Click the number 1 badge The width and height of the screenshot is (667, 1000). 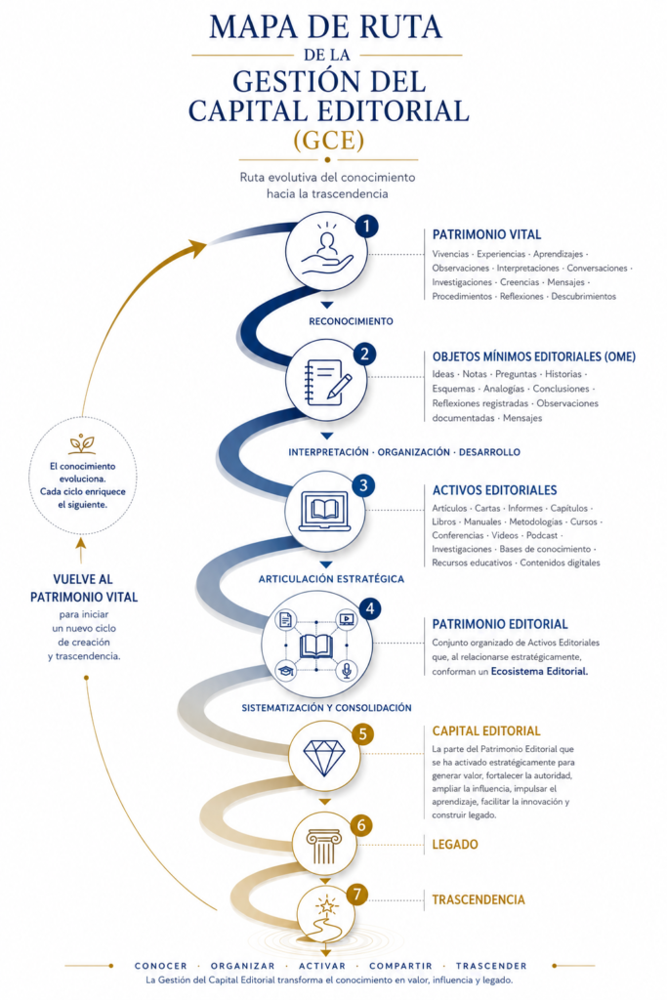point(366,226)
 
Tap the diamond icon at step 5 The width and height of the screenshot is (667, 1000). point(324,757)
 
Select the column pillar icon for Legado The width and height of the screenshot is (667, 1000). point(324,847)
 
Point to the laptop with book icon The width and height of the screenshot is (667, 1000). point(325,511)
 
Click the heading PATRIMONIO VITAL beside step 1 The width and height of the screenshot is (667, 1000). point(486,234)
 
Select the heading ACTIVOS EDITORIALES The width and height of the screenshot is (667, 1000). point(495,490)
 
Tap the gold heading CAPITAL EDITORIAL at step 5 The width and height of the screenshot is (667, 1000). point(486,730)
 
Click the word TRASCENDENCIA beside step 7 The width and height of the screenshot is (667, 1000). point(479,899)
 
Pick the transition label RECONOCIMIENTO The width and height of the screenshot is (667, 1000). point(351,321)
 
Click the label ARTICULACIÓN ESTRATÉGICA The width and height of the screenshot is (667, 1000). point(331,579)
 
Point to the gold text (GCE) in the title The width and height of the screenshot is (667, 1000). point(328,141)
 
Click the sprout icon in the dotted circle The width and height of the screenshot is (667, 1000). point(82,443)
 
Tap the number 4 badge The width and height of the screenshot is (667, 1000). point(370,608)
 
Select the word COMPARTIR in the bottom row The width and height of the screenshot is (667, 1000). point(400,966)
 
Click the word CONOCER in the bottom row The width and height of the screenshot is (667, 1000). point(161,966)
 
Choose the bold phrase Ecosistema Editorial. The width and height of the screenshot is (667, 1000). point(539,671)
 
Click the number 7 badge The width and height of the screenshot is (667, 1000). point(357,895)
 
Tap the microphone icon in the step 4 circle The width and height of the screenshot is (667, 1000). point(347,670)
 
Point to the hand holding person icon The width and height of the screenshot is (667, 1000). point(326,254)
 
